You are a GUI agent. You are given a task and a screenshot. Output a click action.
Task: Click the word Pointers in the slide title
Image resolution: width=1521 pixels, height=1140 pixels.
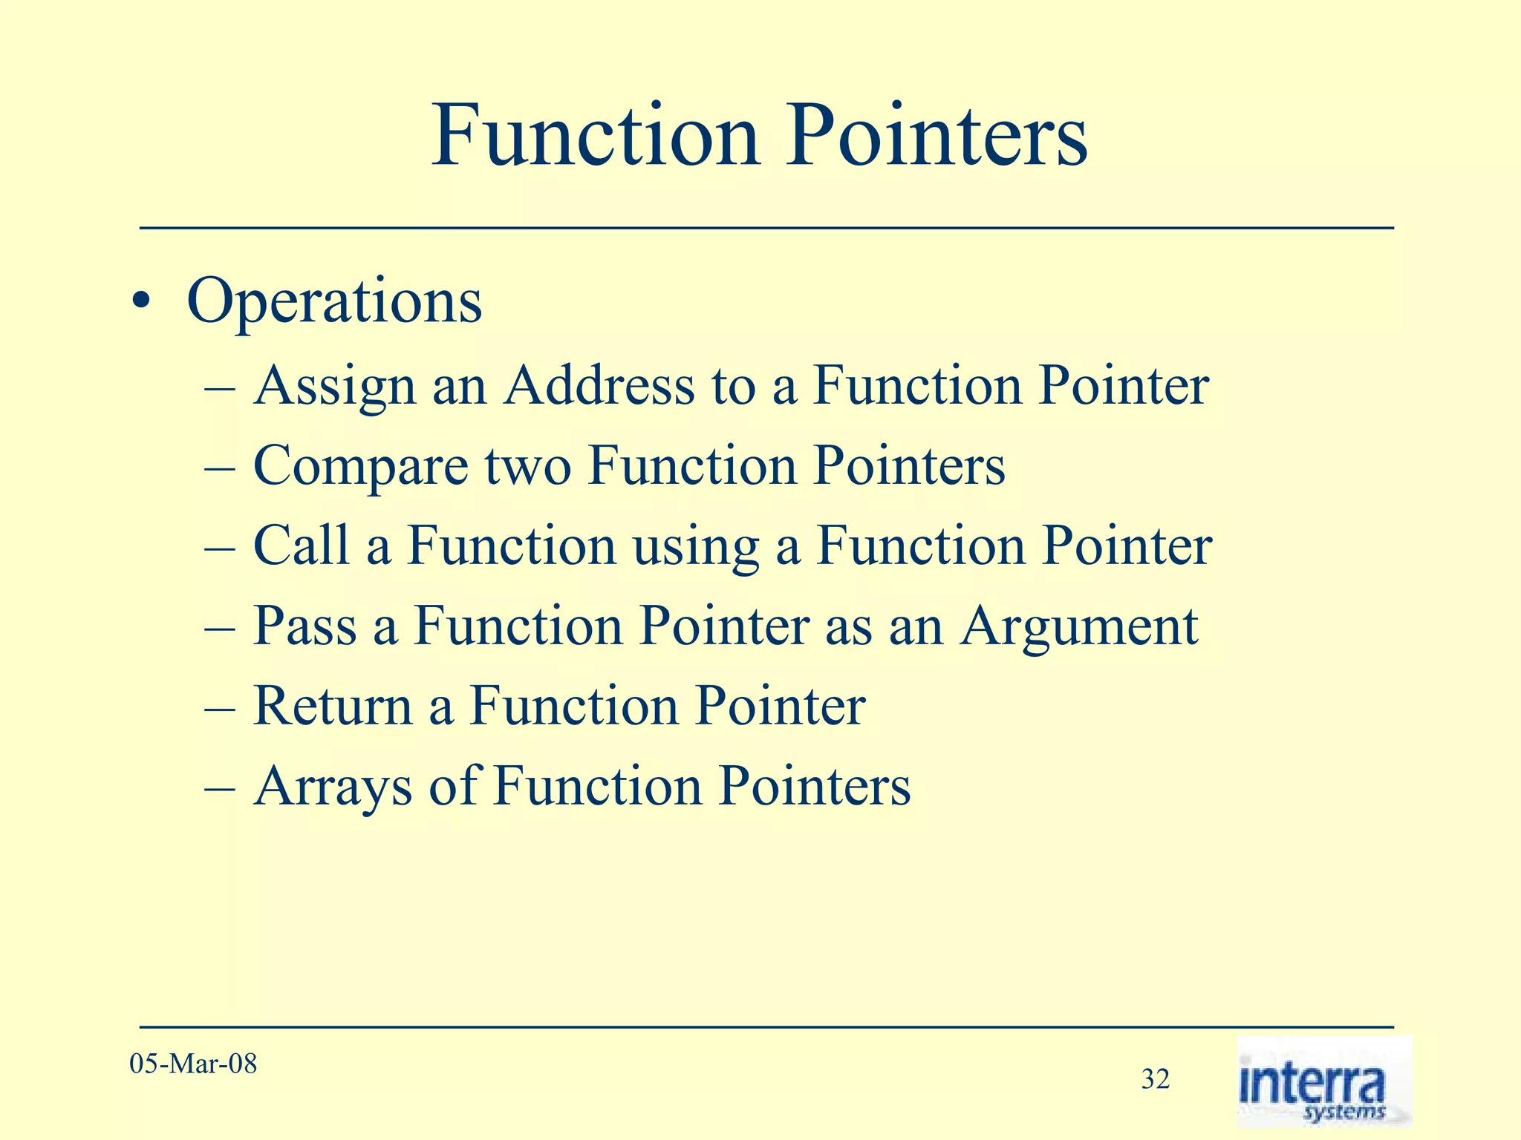click(937, 137)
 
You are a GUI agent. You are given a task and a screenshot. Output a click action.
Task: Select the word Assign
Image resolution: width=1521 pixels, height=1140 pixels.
click(334, 387)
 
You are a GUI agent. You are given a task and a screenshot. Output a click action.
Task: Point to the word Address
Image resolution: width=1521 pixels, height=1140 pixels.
click(599, 386)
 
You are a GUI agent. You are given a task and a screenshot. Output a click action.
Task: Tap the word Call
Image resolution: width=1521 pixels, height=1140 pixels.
click(300, 546)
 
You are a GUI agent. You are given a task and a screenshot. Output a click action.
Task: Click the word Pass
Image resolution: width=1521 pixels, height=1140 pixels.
click(304, 626)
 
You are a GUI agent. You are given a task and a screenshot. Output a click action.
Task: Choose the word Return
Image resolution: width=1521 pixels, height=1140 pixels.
click(333, 706)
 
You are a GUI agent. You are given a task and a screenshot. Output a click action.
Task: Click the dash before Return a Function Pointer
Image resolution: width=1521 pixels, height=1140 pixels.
click(220, 707)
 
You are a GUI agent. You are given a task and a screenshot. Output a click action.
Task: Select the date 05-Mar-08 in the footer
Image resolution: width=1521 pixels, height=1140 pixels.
click(193, 1064)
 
